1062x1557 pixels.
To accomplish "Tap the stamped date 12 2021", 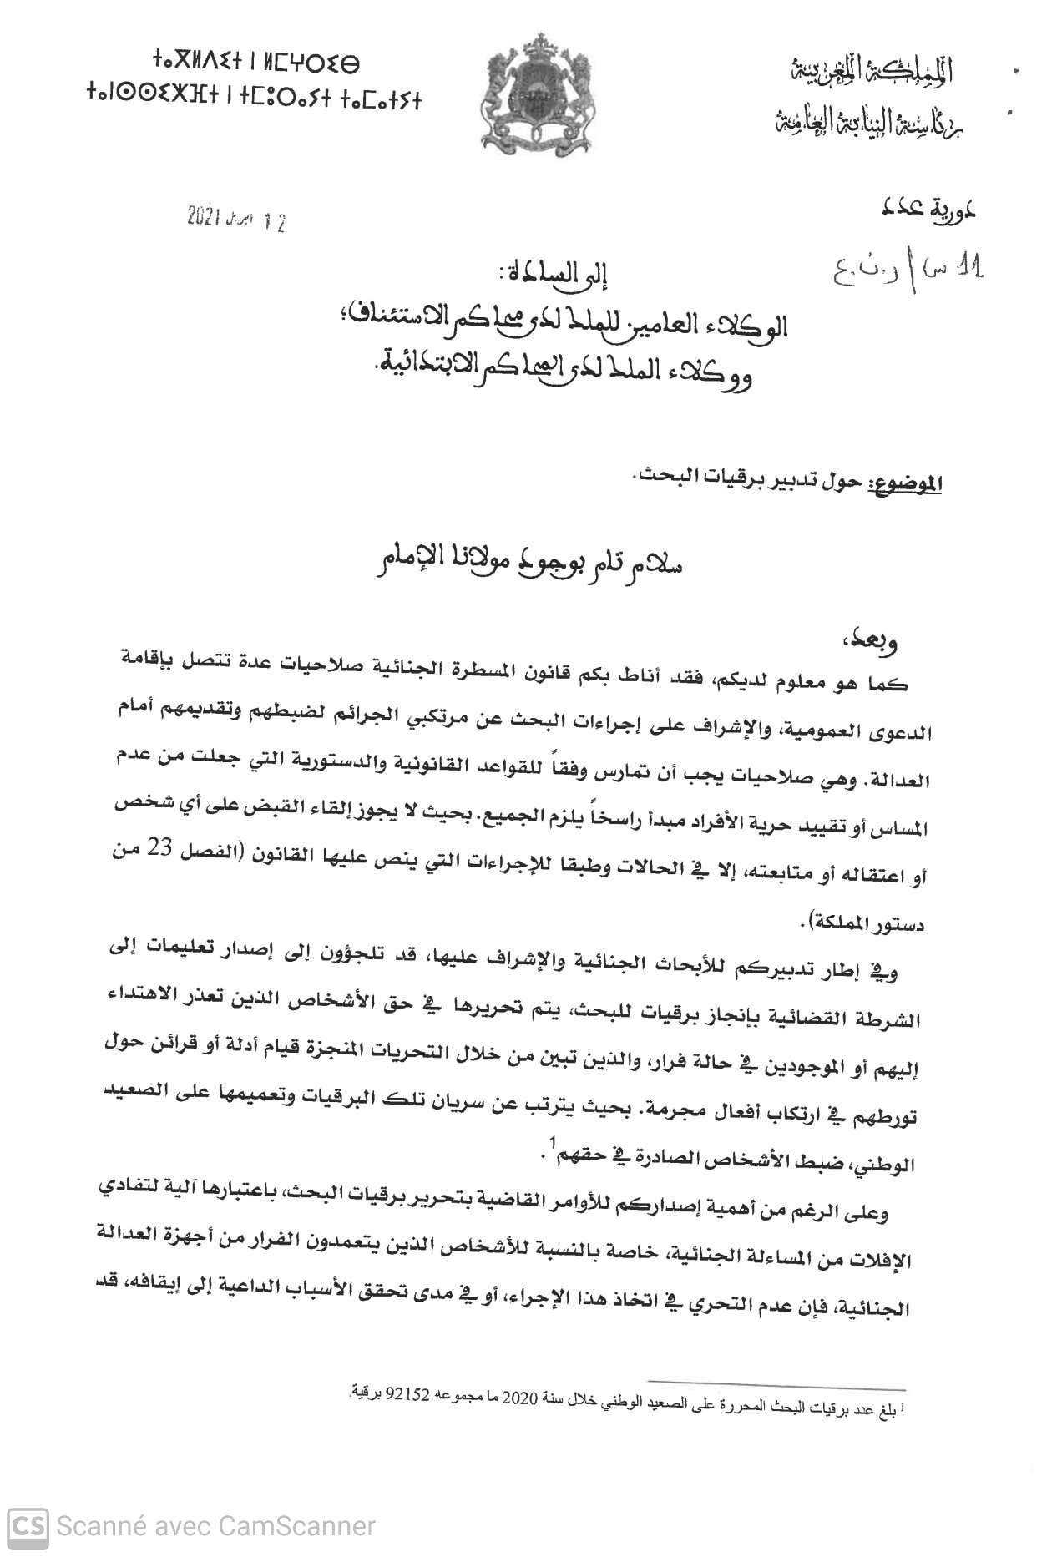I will [235, 220].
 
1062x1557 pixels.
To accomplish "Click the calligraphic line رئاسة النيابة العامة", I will [868, 123].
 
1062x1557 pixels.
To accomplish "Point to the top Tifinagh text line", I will [255, 62].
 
